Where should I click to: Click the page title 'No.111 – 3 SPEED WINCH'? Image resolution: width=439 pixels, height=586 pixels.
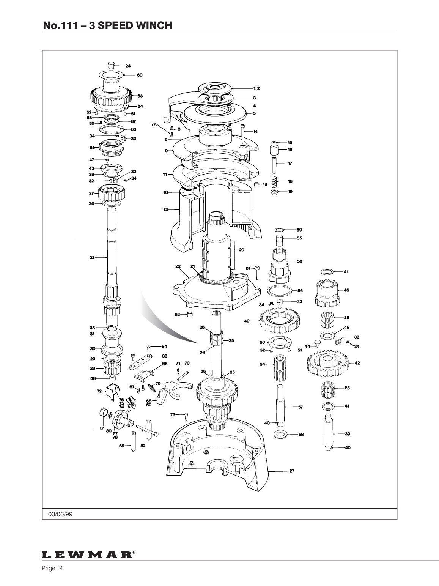click(x=108, y=25)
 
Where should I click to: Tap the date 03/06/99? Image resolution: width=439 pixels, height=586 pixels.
click(x=60, y=514)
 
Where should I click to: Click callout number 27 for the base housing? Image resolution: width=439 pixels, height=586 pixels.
click(x=292, y=471)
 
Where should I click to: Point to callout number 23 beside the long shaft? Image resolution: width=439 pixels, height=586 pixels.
click(x=92, y=257)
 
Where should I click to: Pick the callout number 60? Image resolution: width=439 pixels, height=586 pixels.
click(x=140, y=75)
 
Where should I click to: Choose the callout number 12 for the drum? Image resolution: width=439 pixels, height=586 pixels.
click(x=165, y=209)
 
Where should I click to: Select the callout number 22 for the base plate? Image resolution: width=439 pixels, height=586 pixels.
click(x=178, y=266)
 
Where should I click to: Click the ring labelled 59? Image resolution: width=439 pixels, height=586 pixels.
click(x=279, y=230)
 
